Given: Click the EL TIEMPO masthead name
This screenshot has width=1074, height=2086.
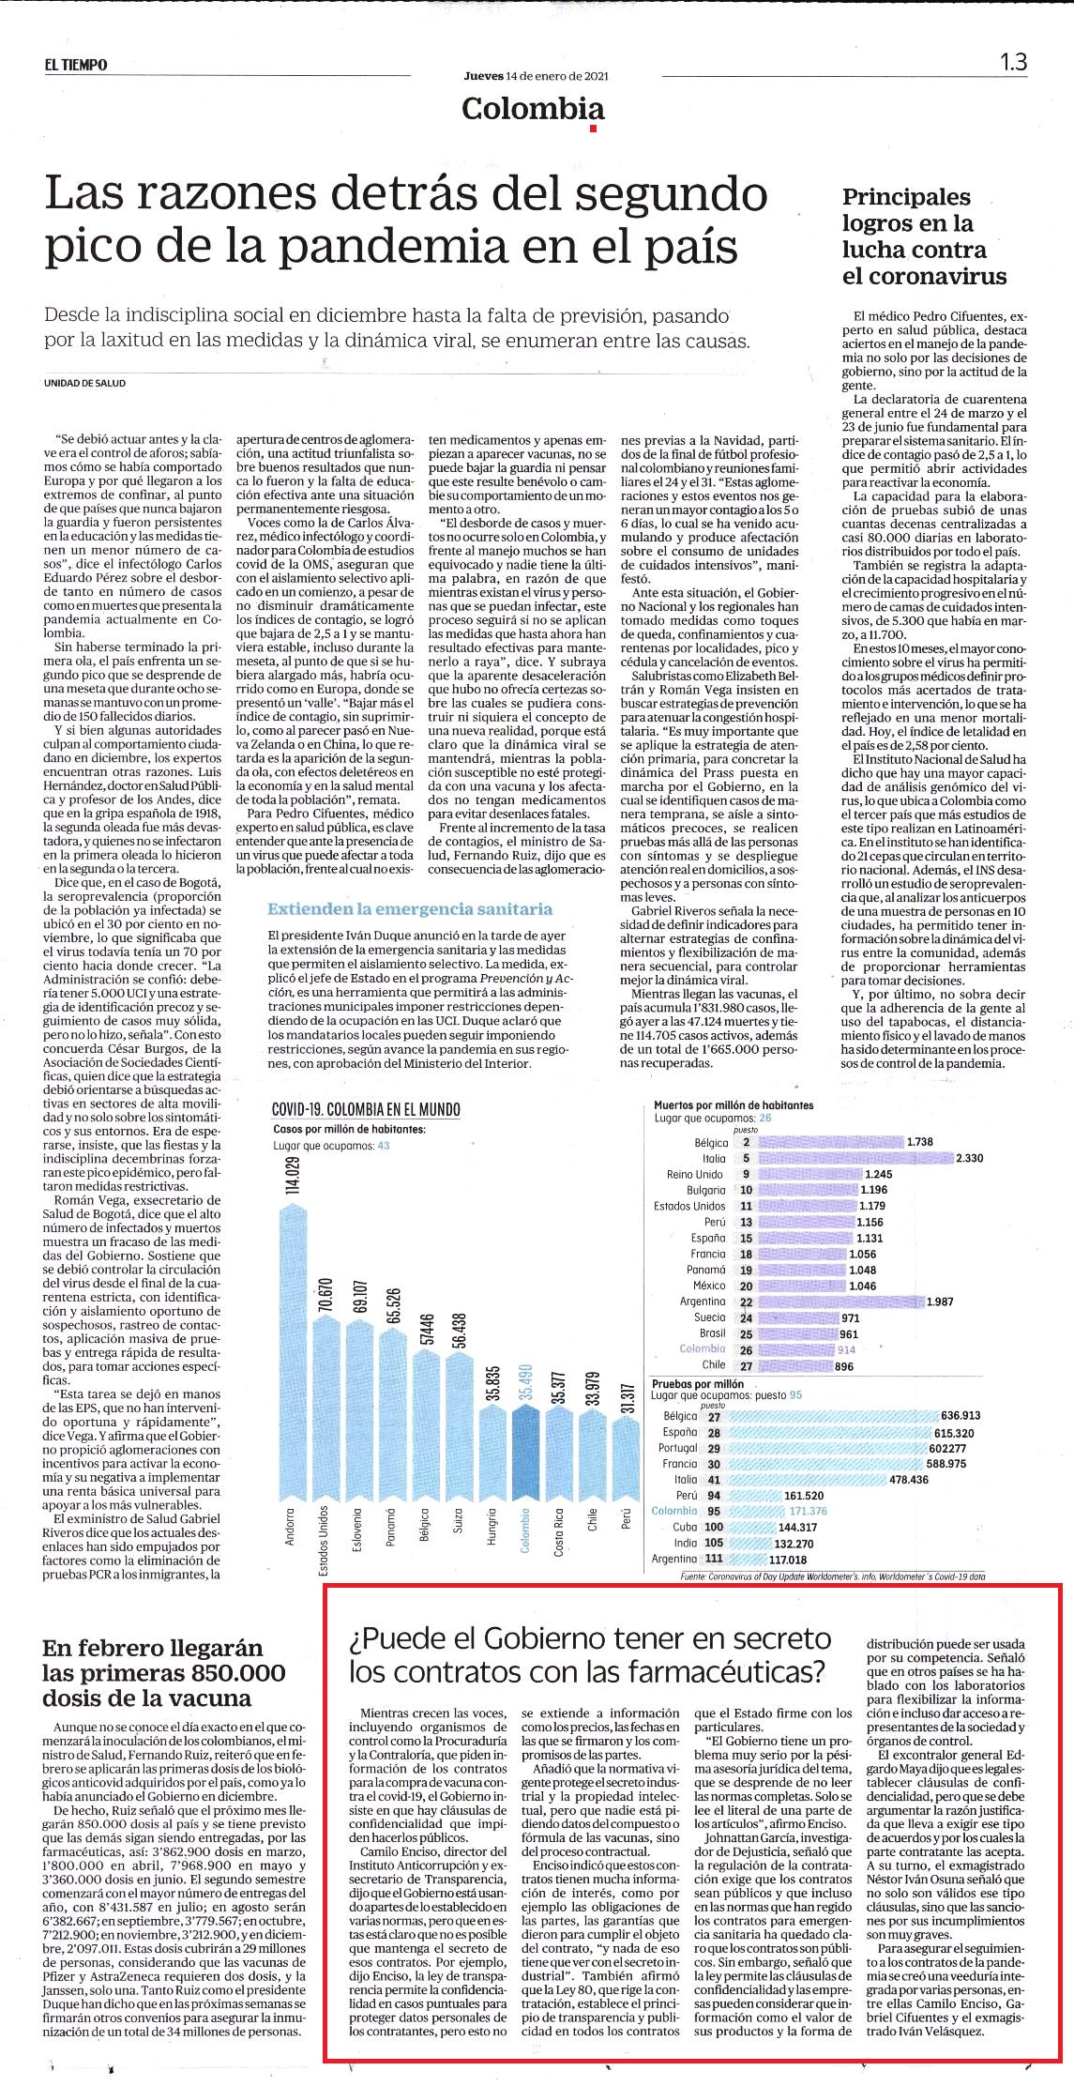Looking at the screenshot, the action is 75,65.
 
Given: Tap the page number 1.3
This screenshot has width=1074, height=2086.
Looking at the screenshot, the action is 1013,62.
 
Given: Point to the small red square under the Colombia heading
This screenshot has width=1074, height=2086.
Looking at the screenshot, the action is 593,129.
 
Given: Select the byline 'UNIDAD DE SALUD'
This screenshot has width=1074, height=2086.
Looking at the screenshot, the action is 84,383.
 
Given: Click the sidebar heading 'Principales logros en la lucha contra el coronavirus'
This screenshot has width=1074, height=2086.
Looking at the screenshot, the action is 924,236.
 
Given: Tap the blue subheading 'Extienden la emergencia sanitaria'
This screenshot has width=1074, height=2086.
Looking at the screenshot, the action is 410,908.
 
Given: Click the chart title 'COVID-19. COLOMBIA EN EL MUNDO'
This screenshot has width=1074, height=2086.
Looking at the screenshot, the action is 366,1109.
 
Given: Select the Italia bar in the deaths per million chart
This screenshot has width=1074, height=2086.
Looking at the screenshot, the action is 855,1158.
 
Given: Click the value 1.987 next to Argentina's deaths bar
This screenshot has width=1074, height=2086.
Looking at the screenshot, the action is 942,1302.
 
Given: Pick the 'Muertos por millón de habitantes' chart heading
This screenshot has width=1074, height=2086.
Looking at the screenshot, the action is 734,1105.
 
